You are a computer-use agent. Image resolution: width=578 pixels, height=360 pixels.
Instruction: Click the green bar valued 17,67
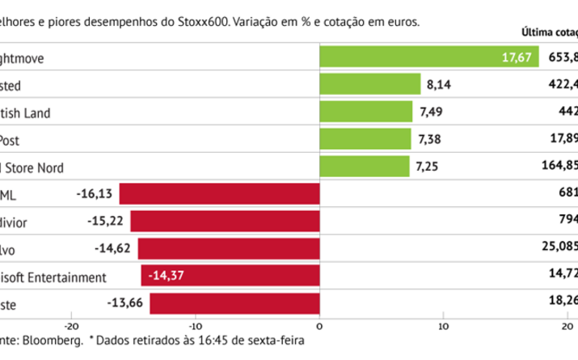tap(429, 57)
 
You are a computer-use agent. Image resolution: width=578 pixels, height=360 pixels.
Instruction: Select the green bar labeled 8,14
tap(370, 84)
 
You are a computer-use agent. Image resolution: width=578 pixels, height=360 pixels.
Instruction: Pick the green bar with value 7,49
tap(366, 112)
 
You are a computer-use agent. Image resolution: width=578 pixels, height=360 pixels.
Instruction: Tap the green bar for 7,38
tap(365, 139)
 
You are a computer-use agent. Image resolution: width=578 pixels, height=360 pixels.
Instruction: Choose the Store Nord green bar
tap(365, 167)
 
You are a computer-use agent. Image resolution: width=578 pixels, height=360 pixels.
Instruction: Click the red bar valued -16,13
tap(219, 194)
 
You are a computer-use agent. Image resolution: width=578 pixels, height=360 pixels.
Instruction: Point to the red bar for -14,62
tap(229, 249)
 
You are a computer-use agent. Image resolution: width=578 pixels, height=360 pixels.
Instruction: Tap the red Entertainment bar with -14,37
tap(230, 277)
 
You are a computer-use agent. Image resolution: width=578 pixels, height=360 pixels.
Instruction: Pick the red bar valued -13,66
tap(234, 304)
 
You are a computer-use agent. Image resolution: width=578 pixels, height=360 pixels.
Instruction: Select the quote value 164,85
tap(558, 167)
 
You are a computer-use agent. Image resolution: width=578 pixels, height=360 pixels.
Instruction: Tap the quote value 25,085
tap(558, 249)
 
